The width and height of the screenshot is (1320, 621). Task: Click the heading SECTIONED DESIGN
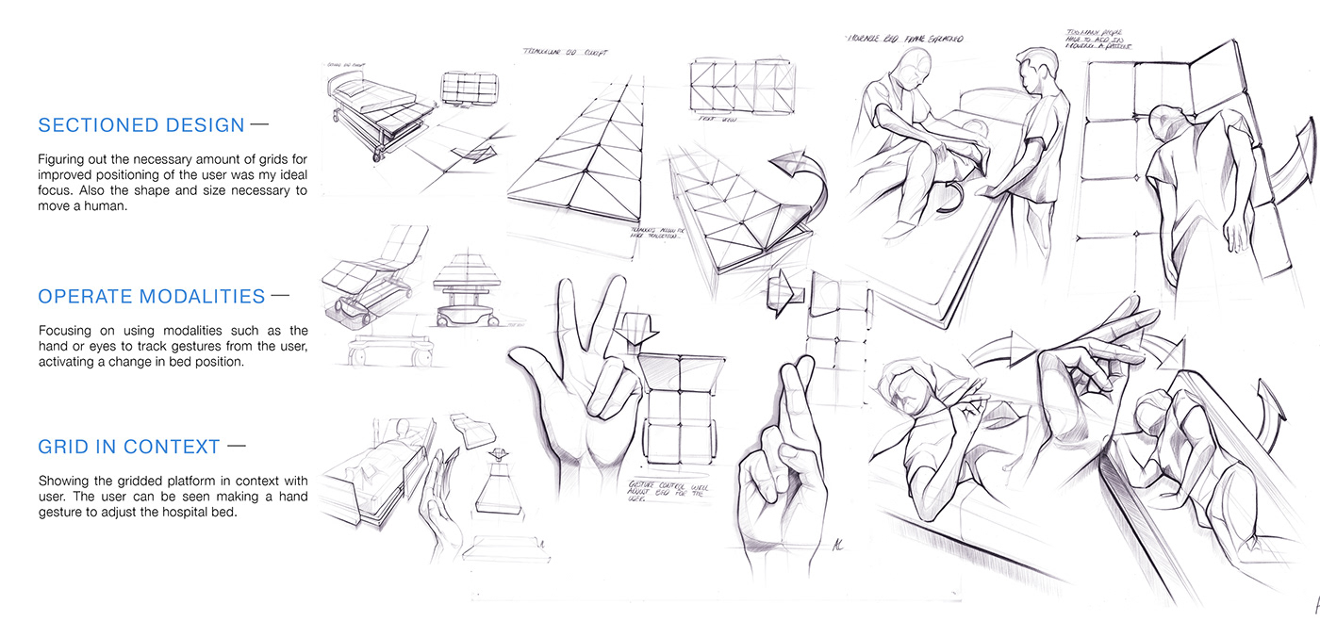coord(140,125)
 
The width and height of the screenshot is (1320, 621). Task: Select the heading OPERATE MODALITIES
coord(151,297)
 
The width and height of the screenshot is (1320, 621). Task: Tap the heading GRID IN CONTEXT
coord(129,447)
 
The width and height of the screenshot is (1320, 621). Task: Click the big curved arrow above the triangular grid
coord(801,179)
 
